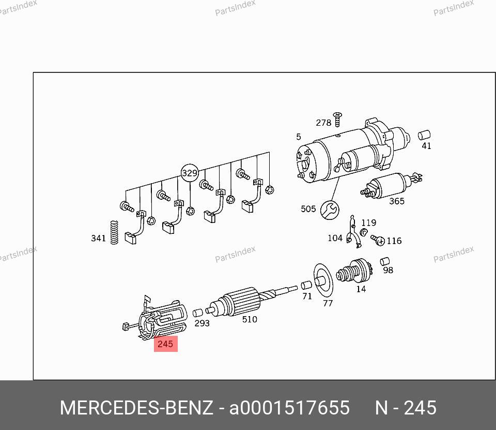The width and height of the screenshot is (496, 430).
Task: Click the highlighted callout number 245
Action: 165,344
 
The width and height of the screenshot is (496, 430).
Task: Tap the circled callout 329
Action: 190,173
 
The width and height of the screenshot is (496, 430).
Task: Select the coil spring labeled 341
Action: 114,232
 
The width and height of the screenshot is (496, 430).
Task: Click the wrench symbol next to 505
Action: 330,210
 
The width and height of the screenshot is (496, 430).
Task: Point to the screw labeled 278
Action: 337,119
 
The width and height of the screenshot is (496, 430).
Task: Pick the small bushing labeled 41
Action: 424,135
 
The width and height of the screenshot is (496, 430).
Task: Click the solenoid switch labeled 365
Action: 391,186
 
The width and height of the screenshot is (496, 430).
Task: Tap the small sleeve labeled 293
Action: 198,313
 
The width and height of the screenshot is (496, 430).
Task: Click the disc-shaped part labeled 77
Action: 323,280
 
